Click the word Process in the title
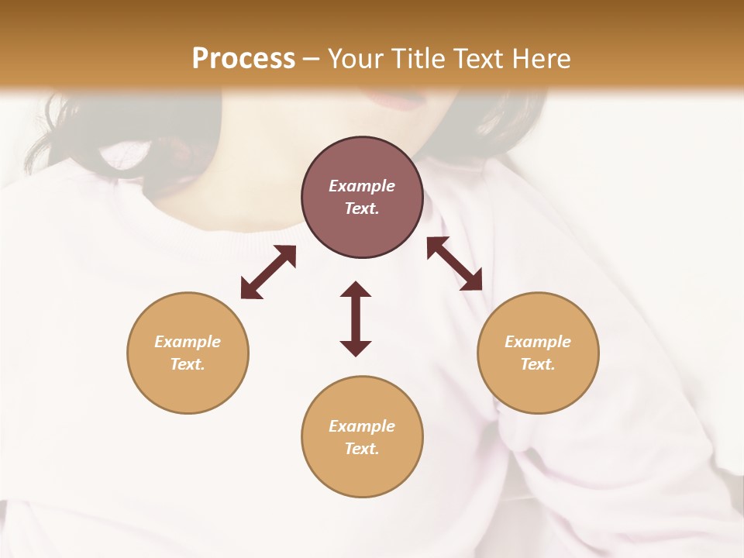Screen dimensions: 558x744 [x=243, y=59]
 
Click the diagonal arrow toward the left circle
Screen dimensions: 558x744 [x=268, y=272]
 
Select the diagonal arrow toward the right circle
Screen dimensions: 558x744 [x=454, y=263]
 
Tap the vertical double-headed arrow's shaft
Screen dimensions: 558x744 [x=356, y=319]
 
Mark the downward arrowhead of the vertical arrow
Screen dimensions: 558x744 [x=356, y=348]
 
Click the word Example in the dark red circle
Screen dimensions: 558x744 [x=362, y=186]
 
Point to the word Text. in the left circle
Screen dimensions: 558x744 [x=188, y=364]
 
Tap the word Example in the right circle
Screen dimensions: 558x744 [x=538, y=342]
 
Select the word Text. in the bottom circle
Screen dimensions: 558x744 [x=362, y=449]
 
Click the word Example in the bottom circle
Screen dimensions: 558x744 [x=362, y=426]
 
